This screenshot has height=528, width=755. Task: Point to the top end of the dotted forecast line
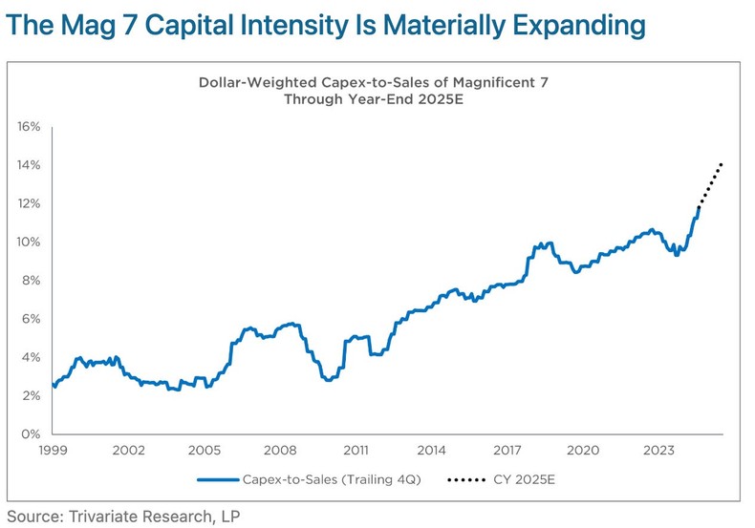click(x=722, y=164)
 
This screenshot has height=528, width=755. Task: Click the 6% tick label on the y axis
click(x=30, y=319)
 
